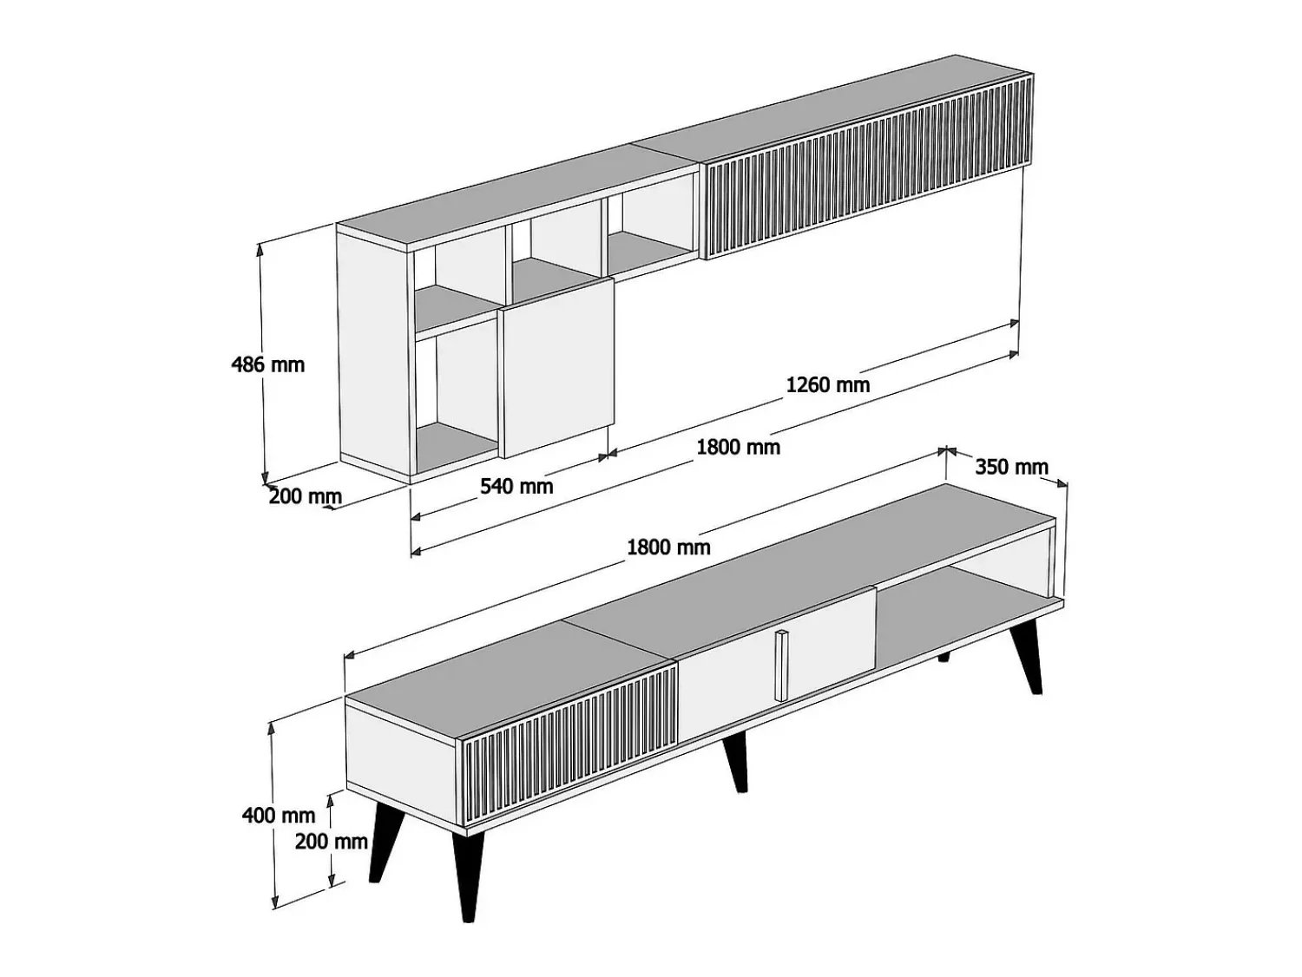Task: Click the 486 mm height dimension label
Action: pos(267,364)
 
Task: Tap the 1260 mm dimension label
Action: pos(827,384)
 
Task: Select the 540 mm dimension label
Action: pos(516,486)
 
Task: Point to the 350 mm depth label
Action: pos(1011,467)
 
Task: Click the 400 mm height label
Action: pos(279,816)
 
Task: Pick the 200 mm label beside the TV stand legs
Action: pos(331,842)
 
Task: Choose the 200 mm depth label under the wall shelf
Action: pos(305,496)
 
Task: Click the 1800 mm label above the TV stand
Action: pos(668,548)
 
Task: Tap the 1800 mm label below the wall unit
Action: pos(738,446)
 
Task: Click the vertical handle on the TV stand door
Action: pos(782,666)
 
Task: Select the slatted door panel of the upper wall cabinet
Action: pos(867,169)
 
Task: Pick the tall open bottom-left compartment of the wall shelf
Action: pos(456,398)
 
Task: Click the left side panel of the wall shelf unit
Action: pos(374,356)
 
